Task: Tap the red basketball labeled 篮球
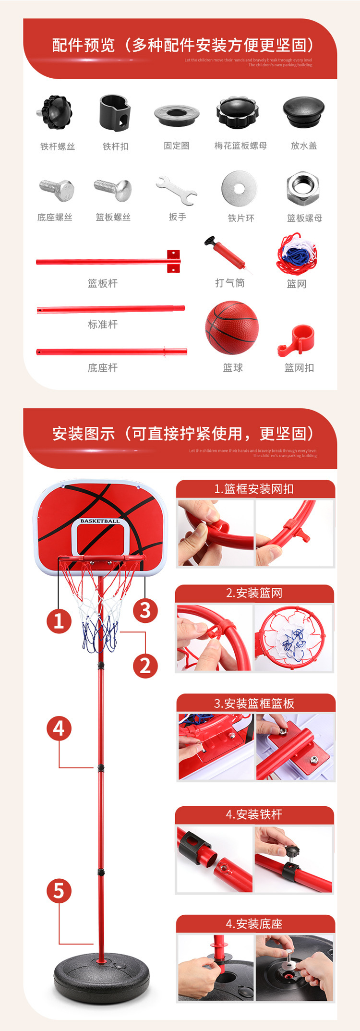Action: coord(232,328)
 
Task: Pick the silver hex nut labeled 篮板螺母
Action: coord(303,188)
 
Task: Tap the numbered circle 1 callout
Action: coord(59,620)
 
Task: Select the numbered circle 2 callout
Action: coord(145,666)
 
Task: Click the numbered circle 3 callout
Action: coord(145,610)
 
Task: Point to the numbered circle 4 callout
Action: coord(59,728)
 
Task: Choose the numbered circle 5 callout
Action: coord(59,891)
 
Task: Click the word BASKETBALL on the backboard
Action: coord(100,521)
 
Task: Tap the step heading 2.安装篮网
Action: coord(254,593)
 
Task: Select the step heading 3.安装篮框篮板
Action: coord(254,704)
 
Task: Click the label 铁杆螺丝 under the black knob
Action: coord(58,146)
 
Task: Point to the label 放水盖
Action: coord(304,146)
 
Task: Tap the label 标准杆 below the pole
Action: coord(103,325)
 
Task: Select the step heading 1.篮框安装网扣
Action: coord(254,489)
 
